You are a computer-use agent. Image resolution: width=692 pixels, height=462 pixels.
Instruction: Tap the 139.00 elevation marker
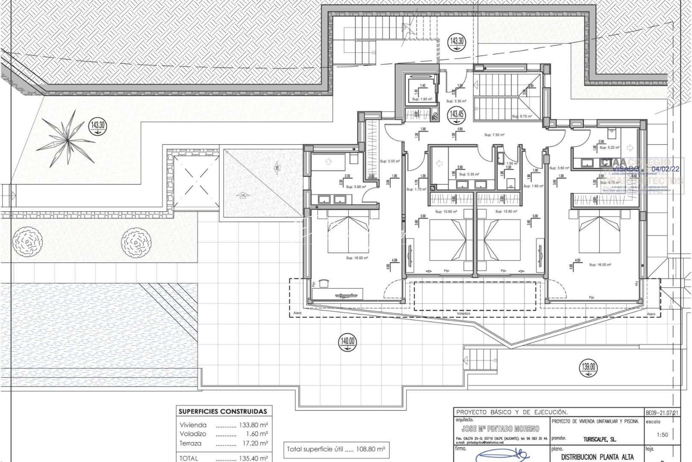[588, 367]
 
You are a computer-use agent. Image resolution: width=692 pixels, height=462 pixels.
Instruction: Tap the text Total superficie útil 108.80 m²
[336, 450]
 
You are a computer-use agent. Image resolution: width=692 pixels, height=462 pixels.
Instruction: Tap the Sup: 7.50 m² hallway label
[494, 135]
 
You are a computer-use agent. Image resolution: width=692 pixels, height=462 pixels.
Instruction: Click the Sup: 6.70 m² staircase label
[522, 116]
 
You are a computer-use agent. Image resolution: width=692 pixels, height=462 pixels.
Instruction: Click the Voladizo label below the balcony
[463, 314]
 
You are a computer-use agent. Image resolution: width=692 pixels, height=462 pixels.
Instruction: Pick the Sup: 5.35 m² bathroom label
[469, 175]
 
